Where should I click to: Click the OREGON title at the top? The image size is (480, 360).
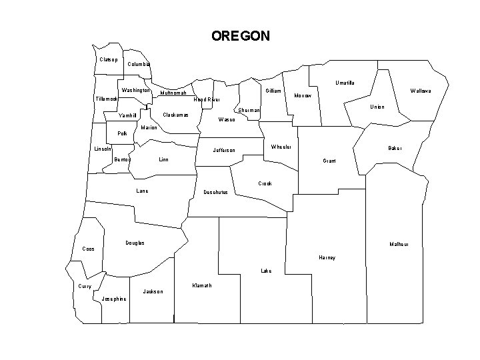(x=241, y=36)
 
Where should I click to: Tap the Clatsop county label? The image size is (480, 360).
(x=109, y=59)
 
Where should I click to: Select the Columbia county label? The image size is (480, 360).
(x=139, y=65)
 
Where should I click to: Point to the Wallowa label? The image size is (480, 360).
(x=421, y=91)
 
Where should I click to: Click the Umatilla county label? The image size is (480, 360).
(x=344, y=83)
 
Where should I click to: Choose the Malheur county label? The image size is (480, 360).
(x=399, y=245)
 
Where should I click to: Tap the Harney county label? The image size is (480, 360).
(x=327, y=257)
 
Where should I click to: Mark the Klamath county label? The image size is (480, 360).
(x=201, y=285)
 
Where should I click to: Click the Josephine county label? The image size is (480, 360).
(x=114, y=299)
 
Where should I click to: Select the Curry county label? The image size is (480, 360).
(x=85, y=287)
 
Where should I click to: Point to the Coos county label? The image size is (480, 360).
(x=88, y=249)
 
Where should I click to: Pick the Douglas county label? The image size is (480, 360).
(x=135, y=243)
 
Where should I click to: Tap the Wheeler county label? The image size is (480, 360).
(x=281, y=147)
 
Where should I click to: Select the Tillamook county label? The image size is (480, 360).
(x=107, y=99)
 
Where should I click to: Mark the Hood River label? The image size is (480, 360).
(x=206, y=100)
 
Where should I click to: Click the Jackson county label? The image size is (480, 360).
(x=153, y=292)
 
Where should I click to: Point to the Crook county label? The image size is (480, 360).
(x=265, y=183)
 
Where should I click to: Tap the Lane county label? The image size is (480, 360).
(x=142, y=191)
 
